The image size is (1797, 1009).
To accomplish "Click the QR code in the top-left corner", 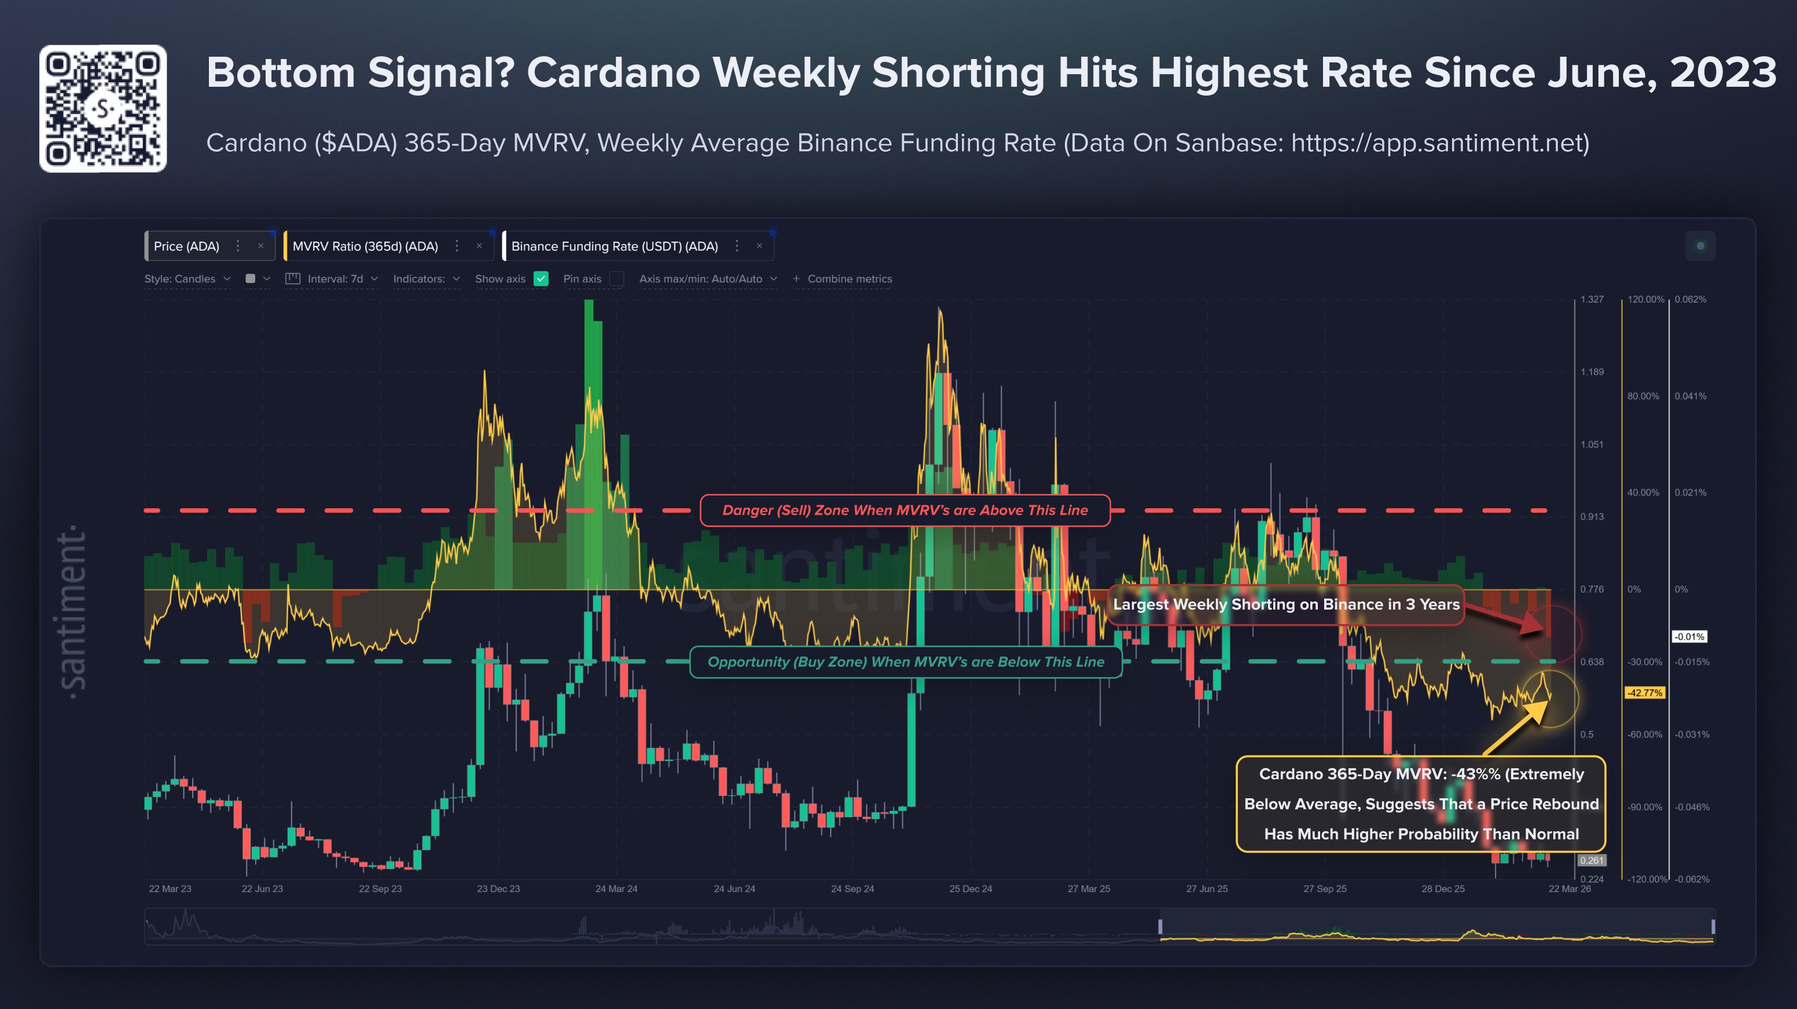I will [102, 108].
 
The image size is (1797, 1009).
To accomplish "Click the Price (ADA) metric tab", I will [186, 247].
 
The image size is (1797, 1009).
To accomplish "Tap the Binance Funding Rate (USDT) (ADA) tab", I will [614, 247].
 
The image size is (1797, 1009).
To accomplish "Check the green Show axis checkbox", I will [541, 279].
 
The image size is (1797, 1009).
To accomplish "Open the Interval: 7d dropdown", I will [333, 279].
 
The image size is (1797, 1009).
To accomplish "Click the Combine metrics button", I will [842, 279].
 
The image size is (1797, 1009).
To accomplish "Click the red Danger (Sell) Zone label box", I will [905, 510].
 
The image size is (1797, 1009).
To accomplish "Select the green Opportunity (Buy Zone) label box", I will [906, 662].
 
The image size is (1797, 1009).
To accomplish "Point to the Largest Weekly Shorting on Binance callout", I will [1285, 604].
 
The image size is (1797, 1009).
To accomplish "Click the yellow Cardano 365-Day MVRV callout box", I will [1421, 804].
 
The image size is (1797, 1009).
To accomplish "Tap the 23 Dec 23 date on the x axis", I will [498, 889].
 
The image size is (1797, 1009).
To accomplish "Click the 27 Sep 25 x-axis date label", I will [1325, 889].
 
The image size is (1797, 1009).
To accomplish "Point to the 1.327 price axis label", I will [1592, 299].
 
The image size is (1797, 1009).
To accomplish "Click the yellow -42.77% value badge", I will [1644, 693].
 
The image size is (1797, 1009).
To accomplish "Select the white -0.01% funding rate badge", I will [1689, 636].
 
